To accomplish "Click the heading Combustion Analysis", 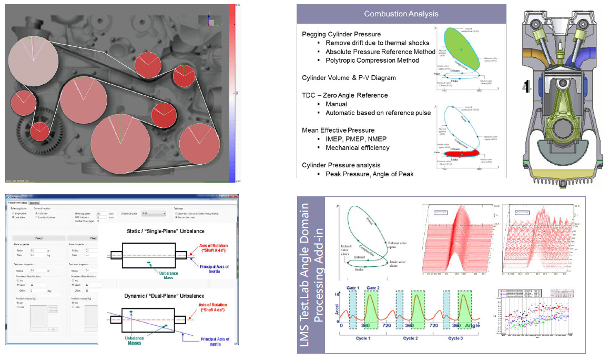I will coord(401,14).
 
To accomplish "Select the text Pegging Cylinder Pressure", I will coord(341,34).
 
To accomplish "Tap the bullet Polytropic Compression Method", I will coord(372,60).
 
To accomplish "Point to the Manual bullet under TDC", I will coord(336,104).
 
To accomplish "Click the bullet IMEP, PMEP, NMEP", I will coord(356,139).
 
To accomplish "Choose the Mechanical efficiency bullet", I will coord(357,147).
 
